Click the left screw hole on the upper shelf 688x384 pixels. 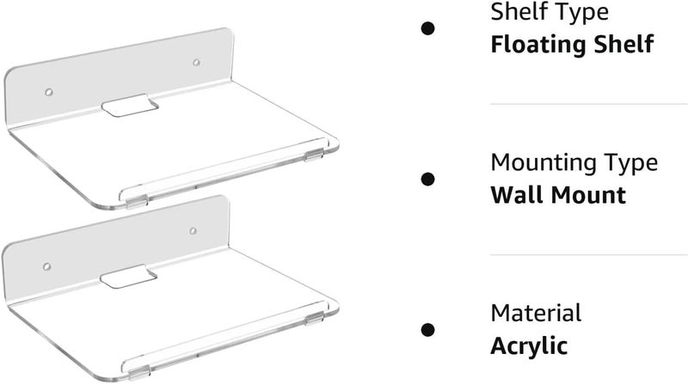coord(49,92)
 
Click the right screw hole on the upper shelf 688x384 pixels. coord(197,63)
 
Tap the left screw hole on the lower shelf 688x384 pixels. coord(47,266)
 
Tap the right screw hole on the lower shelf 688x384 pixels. coord(193,230)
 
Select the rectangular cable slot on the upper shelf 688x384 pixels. coord(130,106)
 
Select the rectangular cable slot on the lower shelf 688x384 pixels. coord(128,277)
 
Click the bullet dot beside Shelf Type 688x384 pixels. coord(427,28)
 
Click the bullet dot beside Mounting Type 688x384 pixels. coord(427,179)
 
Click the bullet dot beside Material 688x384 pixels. coord(427,330)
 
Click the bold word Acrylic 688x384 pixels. coord(529,346)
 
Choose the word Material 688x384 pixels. coord(536,314)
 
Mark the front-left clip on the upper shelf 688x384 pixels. coord(137,202)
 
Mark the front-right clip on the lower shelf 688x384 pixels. coord(314,319)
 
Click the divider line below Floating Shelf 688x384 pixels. coord(589,104)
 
